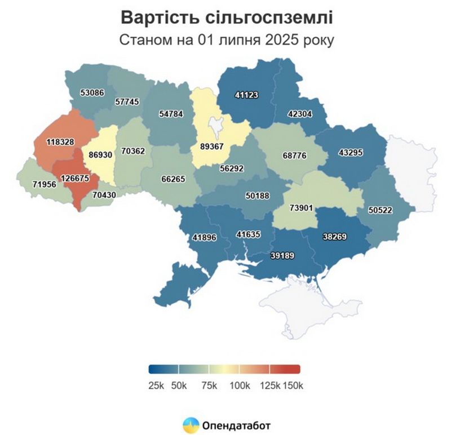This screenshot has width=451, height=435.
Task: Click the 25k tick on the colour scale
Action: [x=156, y=385]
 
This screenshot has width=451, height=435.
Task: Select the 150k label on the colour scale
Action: [x=293, y=385]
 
